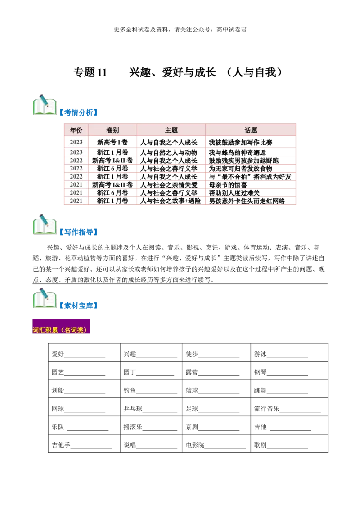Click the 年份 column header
tap(76, 130)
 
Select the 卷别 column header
tap(112, 130)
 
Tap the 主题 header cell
tap(171, 130)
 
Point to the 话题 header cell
tap(251, 130)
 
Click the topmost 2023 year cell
tap(76, 142)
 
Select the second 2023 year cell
tap(76, 152)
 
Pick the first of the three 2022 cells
tap(76, 161)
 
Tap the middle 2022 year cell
tap(76, 169)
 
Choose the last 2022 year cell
tap(76, 177)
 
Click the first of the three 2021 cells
tap(76, 185)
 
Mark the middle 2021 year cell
tap(76, 193)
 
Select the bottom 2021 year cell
tap(76, 201)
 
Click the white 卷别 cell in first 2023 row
tap(112, 142)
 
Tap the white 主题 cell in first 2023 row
tap(171, 142)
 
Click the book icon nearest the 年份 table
tap(45, 105)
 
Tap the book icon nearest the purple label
tap(45, 298)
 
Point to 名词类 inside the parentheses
tap(75, 330)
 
